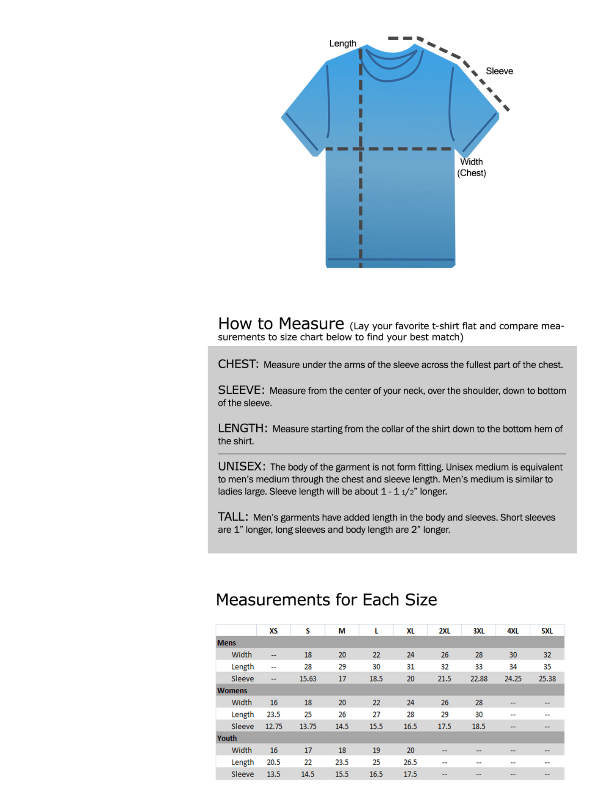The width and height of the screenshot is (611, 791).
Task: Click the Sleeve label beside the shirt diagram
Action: coord(499,71)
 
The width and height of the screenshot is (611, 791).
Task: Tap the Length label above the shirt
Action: coord(342,44)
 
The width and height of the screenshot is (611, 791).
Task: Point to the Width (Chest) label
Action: coord(471,167)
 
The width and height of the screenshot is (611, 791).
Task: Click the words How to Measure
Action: coord(281,324)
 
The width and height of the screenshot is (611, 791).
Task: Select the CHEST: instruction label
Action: coord(238,364)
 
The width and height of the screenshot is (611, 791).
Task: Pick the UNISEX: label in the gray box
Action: coord(241,466)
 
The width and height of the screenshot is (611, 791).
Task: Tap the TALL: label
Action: coord(233,517)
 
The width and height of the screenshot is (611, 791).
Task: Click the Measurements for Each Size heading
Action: coord(326,599)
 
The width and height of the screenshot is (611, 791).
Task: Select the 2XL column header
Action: coord(444,631)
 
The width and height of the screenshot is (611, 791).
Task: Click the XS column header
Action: coord(274,631)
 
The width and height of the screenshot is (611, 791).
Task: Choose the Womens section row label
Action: coord(232,690)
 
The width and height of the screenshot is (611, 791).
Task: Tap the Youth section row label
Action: coord(227,738)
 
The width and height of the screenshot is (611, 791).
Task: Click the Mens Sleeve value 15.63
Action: coord(308,679)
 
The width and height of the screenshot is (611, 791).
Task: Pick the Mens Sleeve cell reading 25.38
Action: coord(547,679)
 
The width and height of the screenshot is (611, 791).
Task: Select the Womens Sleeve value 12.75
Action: coord(274,726)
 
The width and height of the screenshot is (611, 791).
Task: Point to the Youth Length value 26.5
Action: coord(410,762)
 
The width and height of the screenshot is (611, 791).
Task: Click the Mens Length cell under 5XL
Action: coord(547,667)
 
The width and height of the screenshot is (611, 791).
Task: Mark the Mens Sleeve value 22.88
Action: coord(479,679)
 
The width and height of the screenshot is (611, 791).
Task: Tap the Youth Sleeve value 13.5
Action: coord(274,774)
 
